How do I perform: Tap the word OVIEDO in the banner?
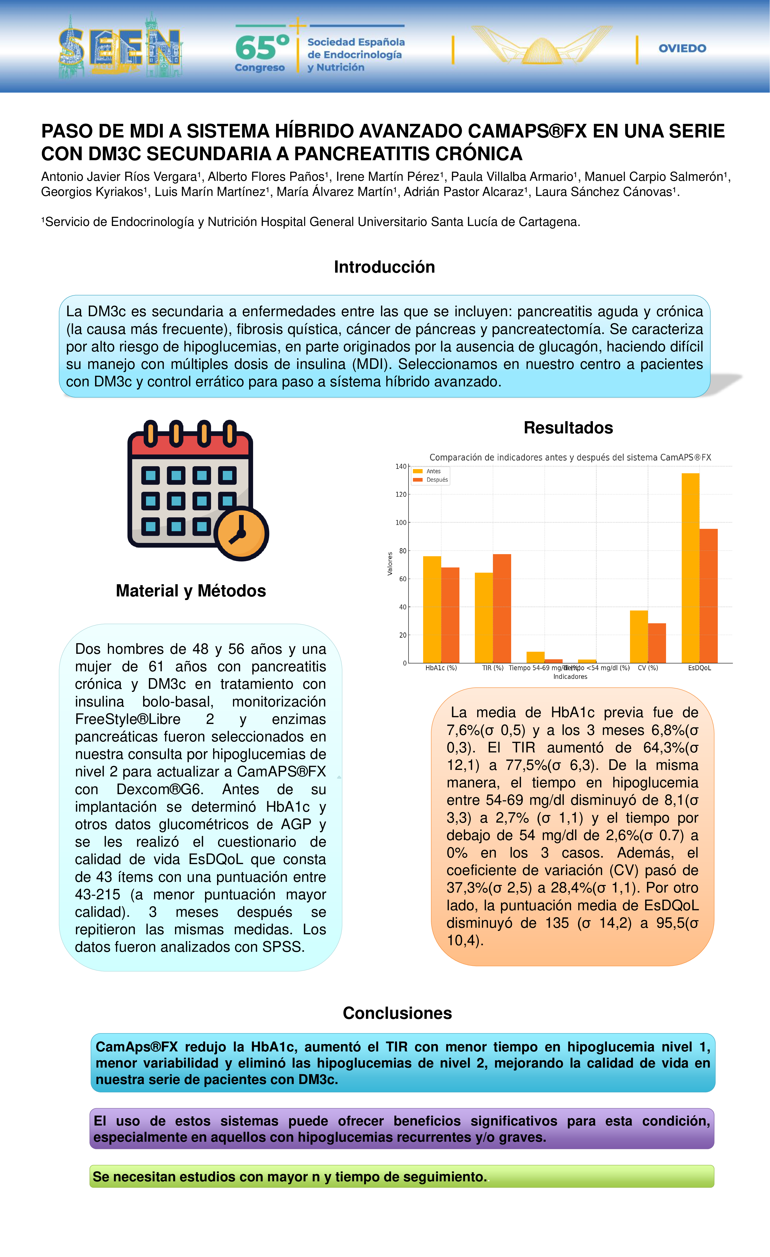[x=682, y=49]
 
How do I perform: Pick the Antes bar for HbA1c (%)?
[x=432, y=610]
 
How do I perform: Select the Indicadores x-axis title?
[x=570, y=677]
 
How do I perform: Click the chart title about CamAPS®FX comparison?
[x=570, y=458]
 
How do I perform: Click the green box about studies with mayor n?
[x=401, y=1176]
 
